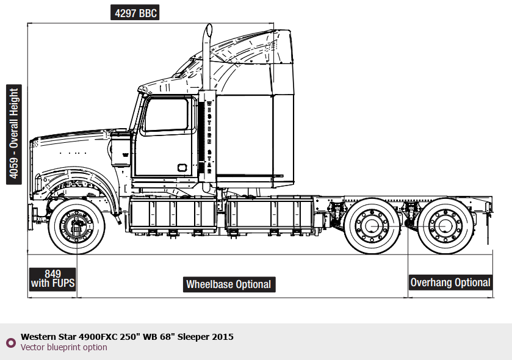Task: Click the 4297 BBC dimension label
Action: (135, 13)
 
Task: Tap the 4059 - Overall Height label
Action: (13, 134)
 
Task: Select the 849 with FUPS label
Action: (52, 279)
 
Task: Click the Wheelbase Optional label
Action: (228, 284)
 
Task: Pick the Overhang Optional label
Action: (450, 283)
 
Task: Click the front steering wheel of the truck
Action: (76, 225)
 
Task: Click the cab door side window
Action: (165, 115)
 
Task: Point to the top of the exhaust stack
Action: (208, 30)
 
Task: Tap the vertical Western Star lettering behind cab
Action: (209, 134)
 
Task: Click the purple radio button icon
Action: (10, 342)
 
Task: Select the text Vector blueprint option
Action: (64, 348)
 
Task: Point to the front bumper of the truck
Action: (32, 214)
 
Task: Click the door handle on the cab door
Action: (182, 167)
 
